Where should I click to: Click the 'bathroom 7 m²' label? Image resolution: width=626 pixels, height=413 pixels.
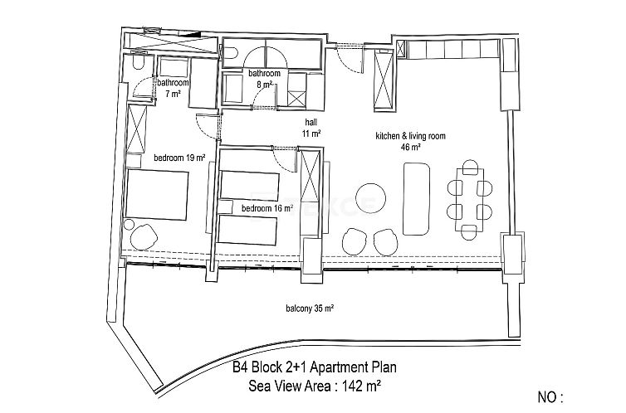174,89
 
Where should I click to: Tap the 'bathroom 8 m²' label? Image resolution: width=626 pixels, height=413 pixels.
264,79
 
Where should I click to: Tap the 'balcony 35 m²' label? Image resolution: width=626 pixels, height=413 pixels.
306,308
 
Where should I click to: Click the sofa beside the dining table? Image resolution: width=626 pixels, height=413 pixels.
416,200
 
